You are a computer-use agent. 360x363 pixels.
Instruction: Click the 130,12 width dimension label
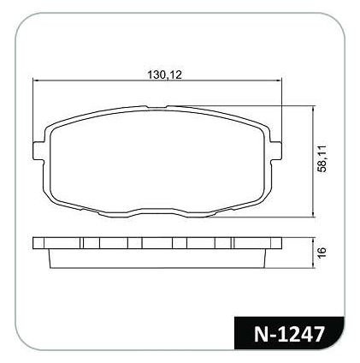pyautogui.click(x=164, y=74)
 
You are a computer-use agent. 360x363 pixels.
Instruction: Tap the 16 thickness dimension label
pyautogui.click(x=322, y=253)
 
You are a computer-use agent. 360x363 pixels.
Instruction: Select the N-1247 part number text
pyautogui.click(x=289, y=334)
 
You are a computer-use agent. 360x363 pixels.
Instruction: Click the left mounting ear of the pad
pyautogui.click(x=38, y=151)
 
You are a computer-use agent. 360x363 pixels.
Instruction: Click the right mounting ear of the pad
pyautogui.click(x=276, y=151)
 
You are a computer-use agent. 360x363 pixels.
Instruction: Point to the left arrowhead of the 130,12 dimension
pyautogui.click(x=36, y=80)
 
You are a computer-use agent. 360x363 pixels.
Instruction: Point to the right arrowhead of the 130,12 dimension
pyautogui.click(x=280, y=80)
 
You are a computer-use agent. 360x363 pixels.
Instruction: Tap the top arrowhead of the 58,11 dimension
pyautogui.click(x=314, y=109)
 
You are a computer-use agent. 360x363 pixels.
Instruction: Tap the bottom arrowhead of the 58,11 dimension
pyautogui.click(x=314, y=214)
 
